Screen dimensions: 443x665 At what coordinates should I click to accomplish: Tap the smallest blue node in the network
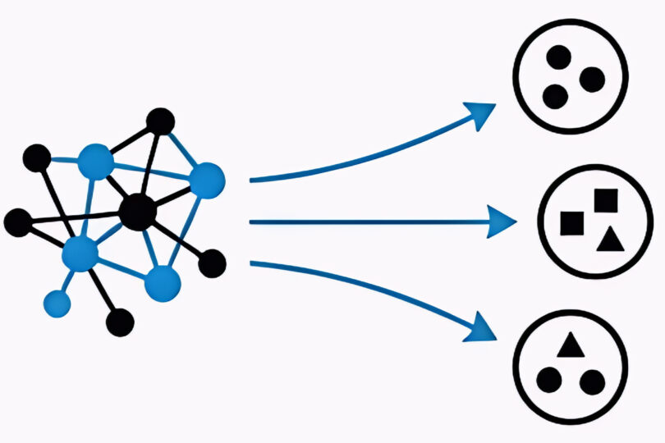[57, 303]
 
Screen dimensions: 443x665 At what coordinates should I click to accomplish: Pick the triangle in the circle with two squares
[608, 240]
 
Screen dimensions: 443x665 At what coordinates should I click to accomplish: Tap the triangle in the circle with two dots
[569, 347]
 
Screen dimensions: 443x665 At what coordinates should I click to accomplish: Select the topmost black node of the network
[160, 121]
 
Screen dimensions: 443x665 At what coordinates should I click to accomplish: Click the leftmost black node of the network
[16, 221]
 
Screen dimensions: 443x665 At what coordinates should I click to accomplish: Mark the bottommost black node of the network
[120, 322]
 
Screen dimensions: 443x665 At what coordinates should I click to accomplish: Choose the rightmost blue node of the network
[207, 180]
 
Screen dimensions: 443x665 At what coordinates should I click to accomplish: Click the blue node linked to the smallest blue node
[80, 253]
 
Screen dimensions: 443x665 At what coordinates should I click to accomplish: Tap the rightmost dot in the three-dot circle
[591, 80]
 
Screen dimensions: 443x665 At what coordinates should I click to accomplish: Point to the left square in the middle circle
[571, 221]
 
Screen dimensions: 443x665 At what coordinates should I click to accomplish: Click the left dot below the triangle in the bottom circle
[549, 381]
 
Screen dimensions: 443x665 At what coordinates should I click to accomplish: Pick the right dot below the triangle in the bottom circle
[591, 381]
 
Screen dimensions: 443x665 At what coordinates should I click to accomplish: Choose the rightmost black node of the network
[212, 263]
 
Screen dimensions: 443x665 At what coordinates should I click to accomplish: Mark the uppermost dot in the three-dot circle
[559, 57]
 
